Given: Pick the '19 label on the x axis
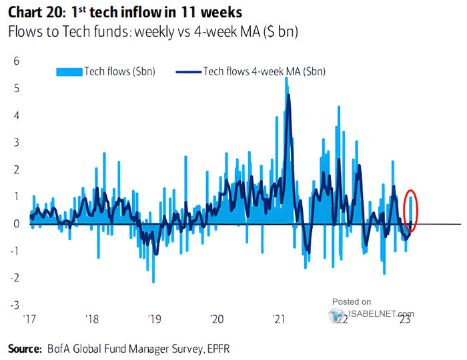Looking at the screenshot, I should (155, 319).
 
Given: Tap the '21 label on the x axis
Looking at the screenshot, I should (280, 319).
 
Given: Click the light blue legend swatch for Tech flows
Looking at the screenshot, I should (69, 71).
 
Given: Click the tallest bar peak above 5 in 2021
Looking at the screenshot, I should (286, 79).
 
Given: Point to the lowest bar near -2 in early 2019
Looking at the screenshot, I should (153, 281).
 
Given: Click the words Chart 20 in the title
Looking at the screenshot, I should (33, 12).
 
